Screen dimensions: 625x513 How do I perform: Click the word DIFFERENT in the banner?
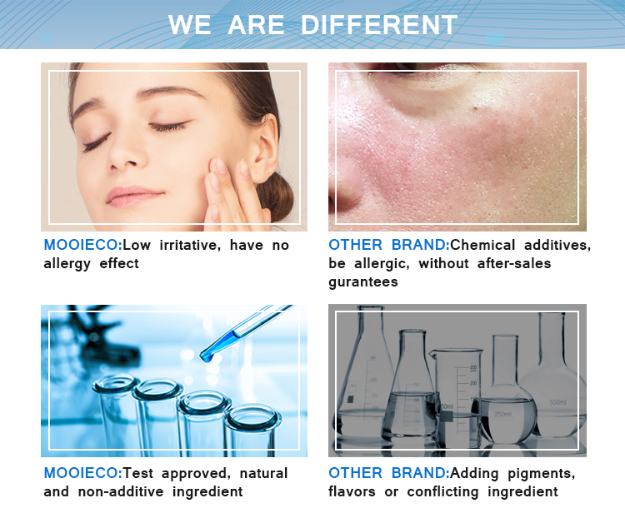click(379, 25)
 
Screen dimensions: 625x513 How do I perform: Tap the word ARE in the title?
click(256, 25)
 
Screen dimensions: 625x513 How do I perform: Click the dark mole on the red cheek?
click(475, 107)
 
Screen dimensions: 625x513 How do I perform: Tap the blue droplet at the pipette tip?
click(207, 356)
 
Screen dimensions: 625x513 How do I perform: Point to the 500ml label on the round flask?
click(557, 402)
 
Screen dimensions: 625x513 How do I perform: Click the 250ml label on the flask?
click(502, 414)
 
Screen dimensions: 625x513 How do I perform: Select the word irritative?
click(190, 245)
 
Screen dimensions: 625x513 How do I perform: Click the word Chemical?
click(482, 245)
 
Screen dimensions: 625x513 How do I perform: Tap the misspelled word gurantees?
click(363, 282)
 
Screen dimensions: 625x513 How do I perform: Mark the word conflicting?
click(442, 492)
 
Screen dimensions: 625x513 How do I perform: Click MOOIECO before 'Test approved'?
click(82, 473)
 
